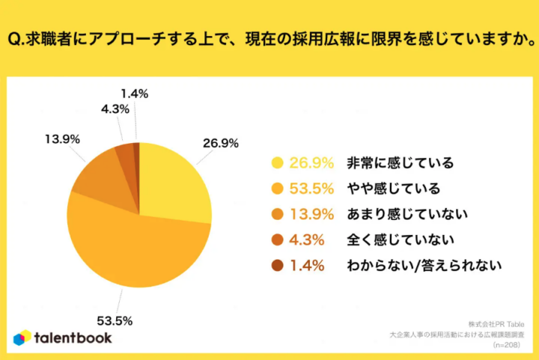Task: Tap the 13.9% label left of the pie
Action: (x=63, y=140)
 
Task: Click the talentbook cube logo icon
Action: (x=22, y=338)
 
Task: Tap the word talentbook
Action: (x=73, y=338)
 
